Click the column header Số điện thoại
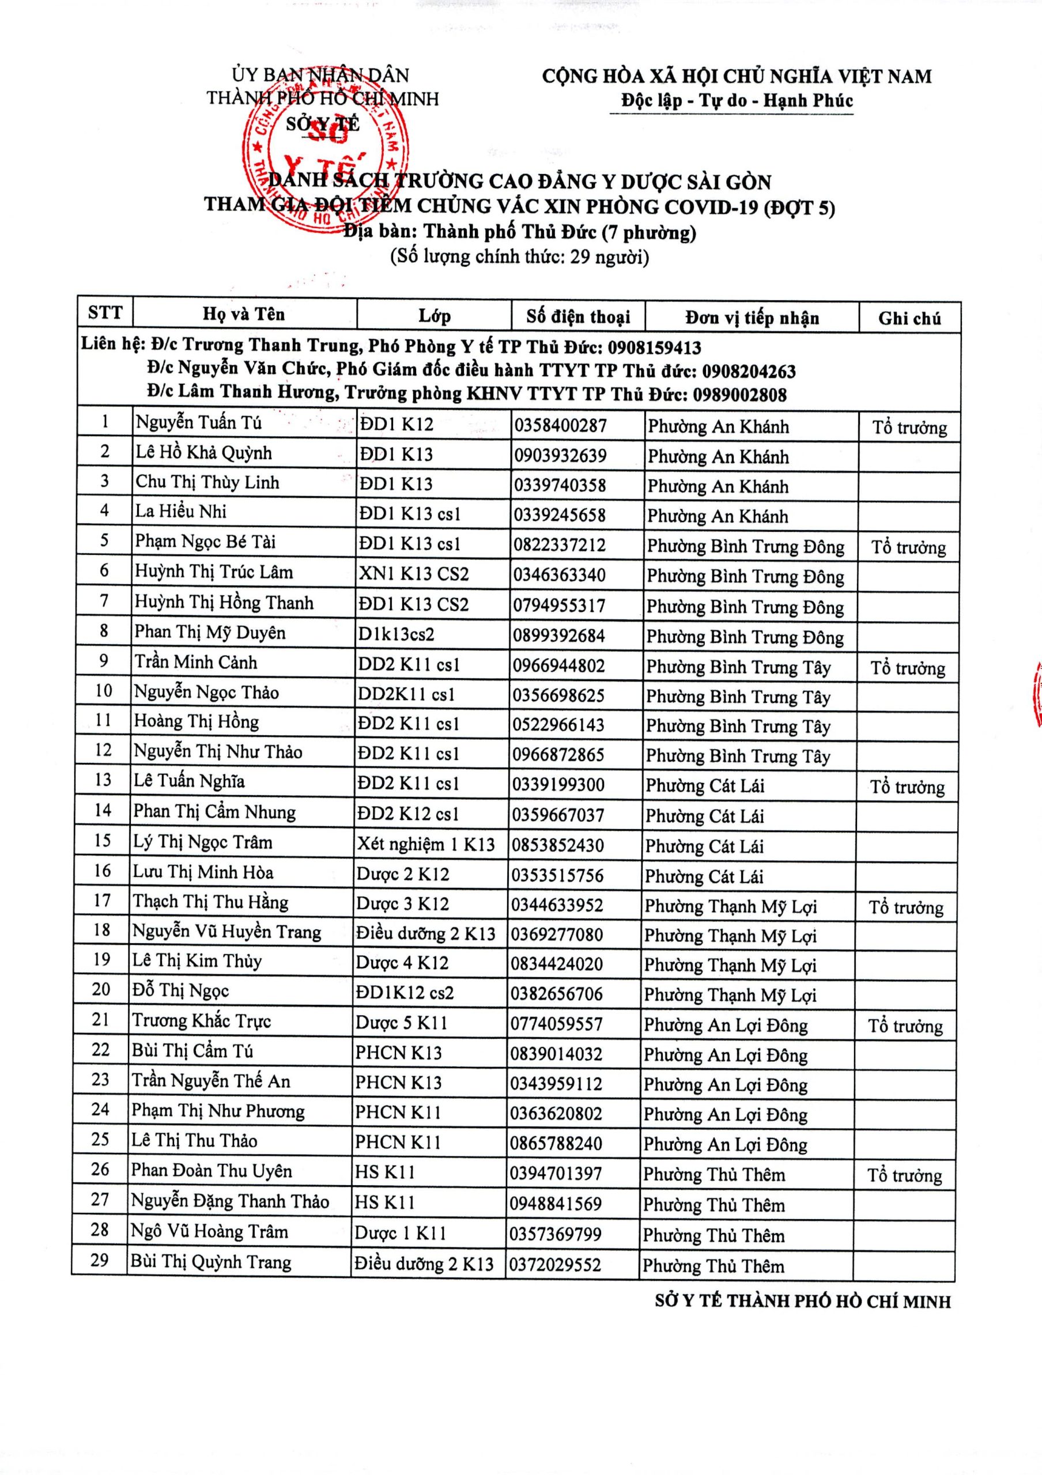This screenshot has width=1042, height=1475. (x=577, y=317)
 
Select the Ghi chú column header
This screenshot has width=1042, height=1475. (x=909, y=319)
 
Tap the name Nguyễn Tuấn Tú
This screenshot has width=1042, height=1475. (x=198, y=423)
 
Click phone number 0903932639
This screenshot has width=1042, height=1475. (x=560, y=456)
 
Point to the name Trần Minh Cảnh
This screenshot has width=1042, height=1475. (x=195, y=663)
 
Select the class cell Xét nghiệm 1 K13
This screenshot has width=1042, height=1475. (x=426, y=844)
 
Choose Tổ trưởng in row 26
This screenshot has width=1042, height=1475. (x=904, y=1175)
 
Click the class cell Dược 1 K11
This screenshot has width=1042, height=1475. (x=400, y=1233)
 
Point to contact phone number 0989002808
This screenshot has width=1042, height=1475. (x=739, y=395)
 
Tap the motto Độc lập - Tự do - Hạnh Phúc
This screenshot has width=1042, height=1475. (x=736, y=101)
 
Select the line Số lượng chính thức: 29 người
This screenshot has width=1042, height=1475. (x=520, y=257)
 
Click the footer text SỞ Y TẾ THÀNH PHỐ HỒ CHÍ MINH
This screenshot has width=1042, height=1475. (x=802, y=1302)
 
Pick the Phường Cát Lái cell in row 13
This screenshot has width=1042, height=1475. (x=705, y=786)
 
